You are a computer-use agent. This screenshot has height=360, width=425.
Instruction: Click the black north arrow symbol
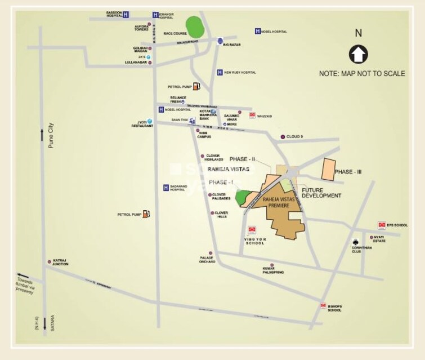[358, 55]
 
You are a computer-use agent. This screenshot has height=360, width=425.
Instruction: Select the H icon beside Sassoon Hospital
[126, 14]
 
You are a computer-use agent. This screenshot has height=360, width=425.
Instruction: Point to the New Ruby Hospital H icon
[220, 72]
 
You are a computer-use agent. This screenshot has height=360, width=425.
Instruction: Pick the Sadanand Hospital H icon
[166, 188]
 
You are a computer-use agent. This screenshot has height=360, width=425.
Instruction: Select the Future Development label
[321, 193]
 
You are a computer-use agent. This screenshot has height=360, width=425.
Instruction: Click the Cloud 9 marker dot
[283, 137]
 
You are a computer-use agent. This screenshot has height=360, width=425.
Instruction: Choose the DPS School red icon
[382, 225]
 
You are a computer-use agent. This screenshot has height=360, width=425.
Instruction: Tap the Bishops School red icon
[323, 306]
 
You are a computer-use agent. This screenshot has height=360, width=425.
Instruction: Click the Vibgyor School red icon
[252, 229]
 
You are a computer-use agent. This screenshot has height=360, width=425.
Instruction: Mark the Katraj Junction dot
[49, 261]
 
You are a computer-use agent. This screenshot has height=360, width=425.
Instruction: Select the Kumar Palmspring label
[272, 269]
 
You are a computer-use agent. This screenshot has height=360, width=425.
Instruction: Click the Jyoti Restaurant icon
[150, 121]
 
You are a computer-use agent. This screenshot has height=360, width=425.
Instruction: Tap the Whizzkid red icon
[252, 115]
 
